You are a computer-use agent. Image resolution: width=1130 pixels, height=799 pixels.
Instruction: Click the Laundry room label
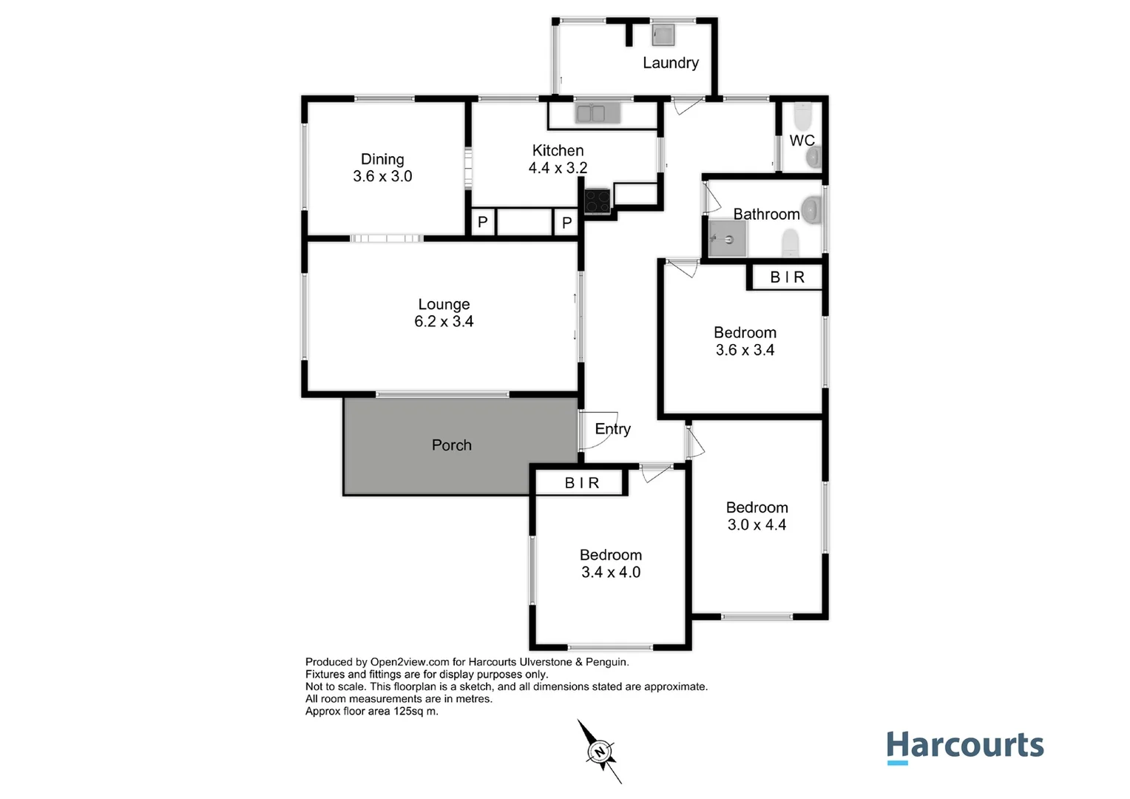(x=670, y=63)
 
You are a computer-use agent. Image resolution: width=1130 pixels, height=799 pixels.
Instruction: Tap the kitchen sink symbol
(x=591, y=114)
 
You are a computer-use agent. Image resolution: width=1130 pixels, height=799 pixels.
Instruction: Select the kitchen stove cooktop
(x=598, y=201)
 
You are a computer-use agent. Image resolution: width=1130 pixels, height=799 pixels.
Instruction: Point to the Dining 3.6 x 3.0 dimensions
(x=382, y=177)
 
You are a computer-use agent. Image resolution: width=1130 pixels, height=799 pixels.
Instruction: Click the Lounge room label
(x=444, y=304)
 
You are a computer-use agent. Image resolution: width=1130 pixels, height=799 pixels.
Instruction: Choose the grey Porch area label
(x=451, y=445)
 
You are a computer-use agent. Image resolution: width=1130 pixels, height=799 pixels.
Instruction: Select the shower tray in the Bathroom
(x=725, y=239)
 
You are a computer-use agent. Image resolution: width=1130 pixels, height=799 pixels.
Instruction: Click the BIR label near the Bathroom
(x=787, y=277)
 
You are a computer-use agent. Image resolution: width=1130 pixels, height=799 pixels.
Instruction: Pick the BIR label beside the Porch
(x=582, y=483)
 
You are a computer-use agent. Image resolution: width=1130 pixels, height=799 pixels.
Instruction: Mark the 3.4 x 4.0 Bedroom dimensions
(x=611, y=573)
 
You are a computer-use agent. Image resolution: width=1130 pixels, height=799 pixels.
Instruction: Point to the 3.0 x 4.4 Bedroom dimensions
(x=757, y=525)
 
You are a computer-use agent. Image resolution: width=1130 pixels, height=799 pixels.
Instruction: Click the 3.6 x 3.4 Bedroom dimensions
(x=745, y=351)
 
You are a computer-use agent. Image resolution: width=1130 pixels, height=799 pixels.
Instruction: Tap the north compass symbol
(x=600, y=752)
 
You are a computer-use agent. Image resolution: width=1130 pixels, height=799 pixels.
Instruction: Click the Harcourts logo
(x=964, y=746)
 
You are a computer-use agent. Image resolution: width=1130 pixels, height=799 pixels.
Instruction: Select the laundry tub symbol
(x=663, y=35)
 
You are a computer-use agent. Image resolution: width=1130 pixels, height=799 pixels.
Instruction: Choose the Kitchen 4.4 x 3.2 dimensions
(x=558, y=169)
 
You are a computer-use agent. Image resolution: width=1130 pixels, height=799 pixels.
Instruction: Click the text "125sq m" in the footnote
(x=416, y=712)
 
